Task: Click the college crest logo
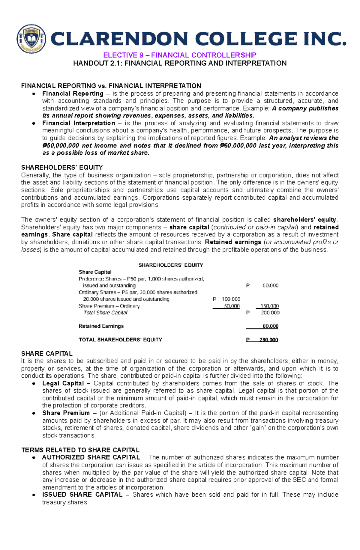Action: [31, 39]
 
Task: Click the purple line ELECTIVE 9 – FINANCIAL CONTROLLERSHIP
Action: [180, 55]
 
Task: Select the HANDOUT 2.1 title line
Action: [180, 63]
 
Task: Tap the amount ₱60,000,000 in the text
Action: [238, 146]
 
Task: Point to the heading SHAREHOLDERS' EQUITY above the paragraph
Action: [62, 168]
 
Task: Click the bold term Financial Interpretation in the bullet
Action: [79, 123]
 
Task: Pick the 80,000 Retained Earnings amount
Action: [270, 326]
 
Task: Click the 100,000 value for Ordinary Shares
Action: [231, 299]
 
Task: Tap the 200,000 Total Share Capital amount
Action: [270, 313]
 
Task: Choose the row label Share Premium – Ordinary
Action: [109, 306]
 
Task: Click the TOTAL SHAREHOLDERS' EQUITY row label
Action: [120, 340]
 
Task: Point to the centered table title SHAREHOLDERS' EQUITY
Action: [171, 265]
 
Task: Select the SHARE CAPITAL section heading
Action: [47, 354]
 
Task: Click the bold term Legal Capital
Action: [63, 383]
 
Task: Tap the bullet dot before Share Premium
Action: [34, 413]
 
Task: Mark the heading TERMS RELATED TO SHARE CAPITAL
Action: [80, 450]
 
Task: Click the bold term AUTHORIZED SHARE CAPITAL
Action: [91, 457]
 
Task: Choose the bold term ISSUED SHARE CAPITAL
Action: [82, 495]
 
